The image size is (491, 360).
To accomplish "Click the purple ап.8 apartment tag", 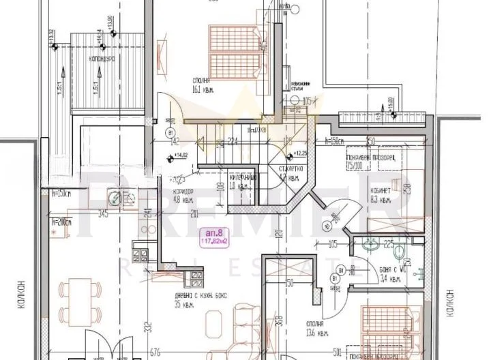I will (213, 235).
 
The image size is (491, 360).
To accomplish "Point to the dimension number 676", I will (155, 352).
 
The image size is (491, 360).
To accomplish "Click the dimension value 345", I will (104, 215).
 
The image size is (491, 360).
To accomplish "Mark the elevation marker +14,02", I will (179, 155).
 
